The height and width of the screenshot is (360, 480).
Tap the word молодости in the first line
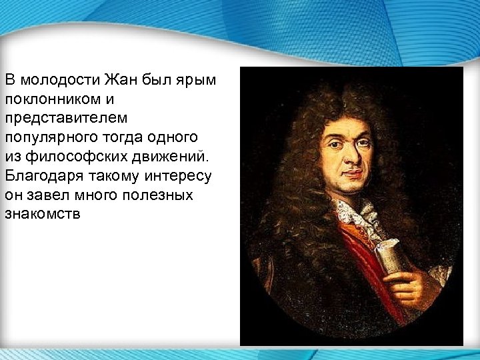pos(60,81)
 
